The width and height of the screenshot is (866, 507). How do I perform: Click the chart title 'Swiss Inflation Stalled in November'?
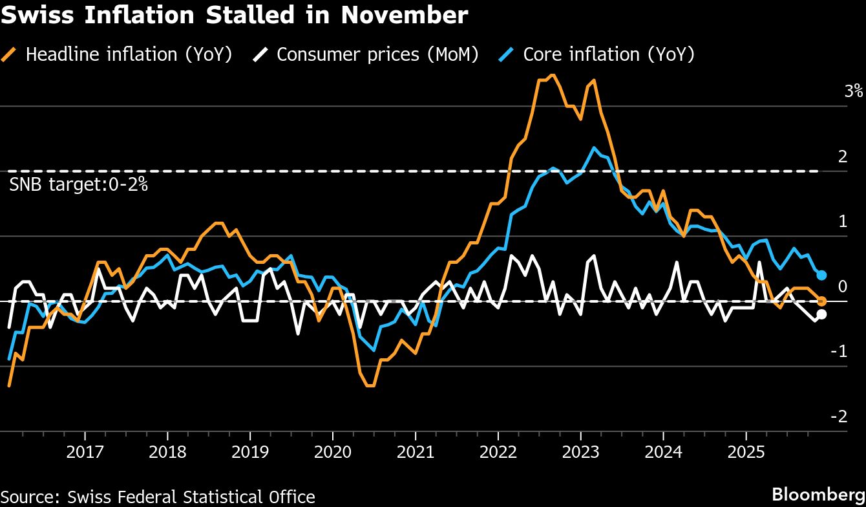[234, 16]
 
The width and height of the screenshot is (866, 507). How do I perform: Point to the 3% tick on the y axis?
[853, 91]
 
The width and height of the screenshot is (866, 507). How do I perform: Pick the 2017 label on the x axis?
[84, 452]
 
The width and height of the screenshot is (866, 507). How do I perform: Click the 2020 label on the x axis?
[332, 452]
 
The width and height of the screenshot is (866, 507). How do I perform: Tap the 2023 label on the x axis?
[580, 452]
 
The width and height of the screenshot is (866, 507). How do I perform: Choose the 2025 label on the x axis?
[746, 452]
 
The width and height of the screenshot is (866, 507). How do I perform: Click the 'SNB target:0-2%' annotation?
[79, 185]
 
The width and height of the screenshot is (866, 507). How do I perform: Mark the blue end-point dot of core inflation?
[821, 275]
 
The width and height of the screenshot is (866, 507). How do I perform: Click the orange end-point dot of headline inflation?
[821, 301]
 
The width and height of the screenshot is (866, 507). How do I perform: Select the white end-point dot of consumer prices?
[821, 314]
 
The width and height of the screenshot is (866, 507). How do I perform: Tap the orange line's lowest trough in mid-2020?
[370, 385]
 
